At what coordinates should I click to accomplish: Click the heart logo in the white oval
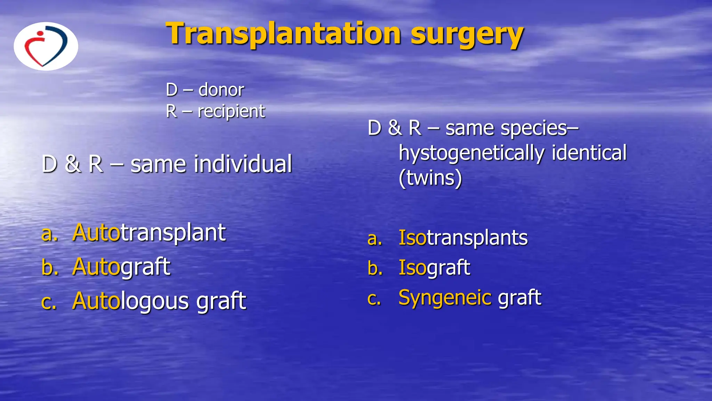[46, 46]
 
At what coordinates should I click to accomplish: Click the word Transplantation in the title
[283, 34]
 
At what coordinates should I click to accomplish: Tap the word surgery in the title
[467, 34]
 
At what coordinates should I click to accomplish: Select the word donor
[221, 90]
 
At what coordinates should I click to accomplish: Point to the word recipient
[231, 111]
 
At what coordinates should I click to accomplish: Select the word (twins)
[430, 178]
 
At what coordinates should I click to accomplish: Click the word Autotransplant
[149, 233]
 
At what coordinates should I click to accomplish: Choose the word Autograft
[121, 267]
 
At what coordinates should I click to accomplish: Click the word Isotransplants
[463, 238]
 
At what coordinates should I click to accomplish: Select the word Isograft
[434, 268]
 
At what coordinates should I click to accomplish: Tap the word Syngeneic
[445, 298]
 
